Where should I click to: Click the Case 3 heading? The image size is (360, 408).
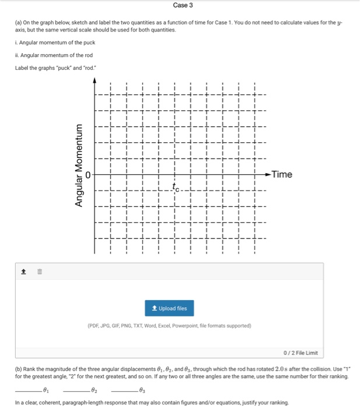tap(183, 5)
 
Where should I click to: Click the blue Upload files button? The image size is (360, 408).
tap(169, 308)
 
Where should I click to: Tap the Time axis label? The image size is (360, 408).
tap(282, 174)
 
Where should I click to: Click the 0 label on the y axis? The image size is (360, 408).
tap(88, 174)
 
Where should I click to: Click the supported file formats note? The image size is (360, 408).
tap(169, 326)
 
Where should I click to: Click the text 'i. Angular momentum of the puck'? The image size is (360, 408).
tap(55, 43)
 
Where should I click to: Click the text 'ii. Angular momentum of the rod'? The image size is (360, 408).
tap(54, 55)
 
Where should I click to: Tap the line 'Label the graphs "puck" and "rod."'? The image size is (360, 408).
tap(57, 68)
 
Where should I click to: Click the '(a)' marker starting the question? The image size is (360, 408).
tap(19, 22)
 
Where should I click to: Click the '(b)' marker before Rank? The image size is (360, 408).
tap(19, 370)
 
